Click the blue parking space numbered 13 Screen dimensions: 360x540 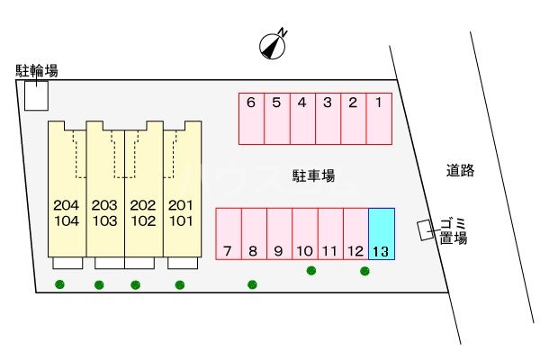[x=381, y=234]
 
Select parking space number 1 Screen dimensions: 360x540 [x=379, y=119]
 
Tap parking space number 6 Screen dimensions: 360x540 [x=251, y=119]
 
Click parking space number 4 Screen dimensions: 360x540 [x=302, y=119]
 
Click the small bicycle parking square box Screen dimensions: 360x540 [x=36, y=96]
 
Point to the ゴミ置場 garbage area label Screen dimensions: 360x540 [x=453, y=230]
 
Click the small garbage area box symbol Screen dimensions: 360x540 [x=425, y=230]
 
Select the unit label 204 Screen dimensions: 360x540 [x=67, y=203]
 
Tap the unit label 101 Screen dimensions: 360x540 [x=181, y=220]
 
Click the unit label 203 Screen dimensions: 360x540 [x=105, y=203]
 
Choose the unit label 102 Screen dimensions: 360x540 [x=143, y=220]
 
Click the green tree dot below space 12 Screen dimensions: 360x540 [x=364, y=270]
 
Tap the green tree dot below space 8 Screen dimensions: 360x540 [x=252, y=284]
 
